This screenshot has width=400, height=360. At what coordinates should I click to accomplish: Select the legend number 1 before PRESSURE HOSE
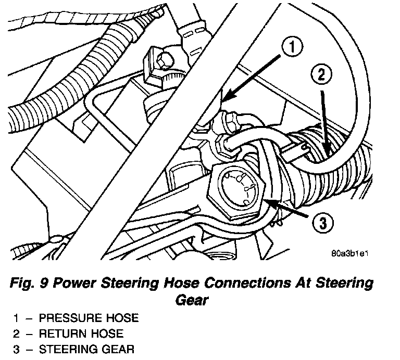[16, 318]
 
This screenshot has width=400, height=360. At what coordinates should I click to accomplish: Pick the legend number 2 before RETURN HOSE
[16, 333]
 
